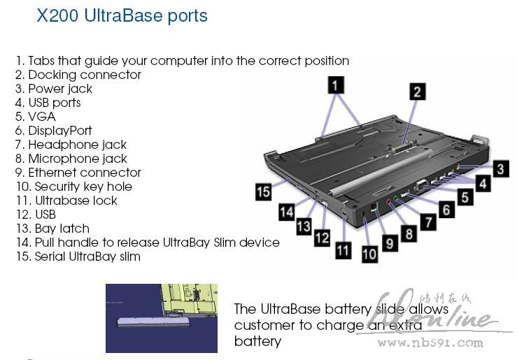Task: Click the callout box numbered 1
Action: pyautogui.click(x=337, y=86)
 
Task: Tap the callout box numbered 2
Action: pyautogui.click(x=418, y=92)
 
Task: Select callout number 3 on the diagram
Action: pyautogui.click(x=500, y=168)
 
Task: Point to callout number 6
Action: pyautogui.click(x=446, y=208)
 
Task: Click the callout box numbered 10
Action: pyautogui.click(x=369, y=254)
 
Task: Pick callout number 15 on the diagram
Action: pyautogui.click(x=264, y=192)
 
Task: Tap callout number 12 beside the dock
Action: pyautogui.click(x=321, y=238)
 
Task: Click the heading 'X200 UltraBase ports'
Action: pyautogui.click(x=122, y=15)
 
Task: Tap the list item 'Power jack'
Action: pyautogui.click(x=59, y=89)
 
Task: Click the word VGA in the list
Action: pyautogui.click(x=41, y=117)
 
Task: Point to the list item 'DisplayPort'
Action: pyautogui.click(x=59, y=131)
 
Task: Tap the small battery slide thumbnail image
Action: pyautogui.click(x=162, y=318)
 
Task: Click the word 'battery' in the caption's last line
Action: pyautogui.click(x=257, y=342)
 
